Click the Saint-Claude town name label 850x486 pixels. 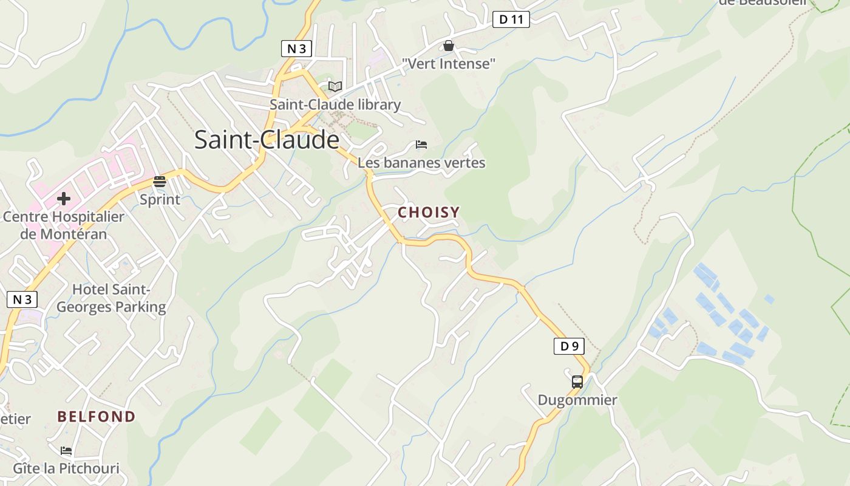point(267,140)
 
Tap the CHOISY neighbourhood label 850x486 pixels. point(429,212)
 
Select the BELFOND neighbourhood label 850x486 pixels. point(96,417)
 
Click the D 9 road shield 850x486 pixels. point(569,346)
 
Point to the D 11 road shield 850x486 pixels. point(511,19)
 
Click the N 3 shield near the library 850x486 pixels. point(296,49)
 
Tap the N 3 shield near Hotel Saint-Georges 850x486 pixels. point(22,299)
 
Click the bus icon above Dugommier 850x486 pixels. point(577,382)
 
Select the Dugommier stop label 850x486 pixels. point(577,400)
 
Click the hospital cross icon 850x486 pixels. point(64,198)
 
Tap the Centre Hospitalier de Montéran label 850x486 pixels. point(64,225)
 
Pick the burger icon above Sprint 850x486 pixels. point(160,181)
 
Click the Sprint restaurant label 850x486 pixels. point(160,199)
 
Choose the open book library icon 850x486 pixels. point(335,86)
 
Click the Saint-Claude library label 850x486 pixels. point(335,104)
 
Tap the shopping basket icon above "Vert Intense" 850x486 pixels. point(449,46)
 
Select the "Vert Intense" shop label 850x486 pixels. point(449,63)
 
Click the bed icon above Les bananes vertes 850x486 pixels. point(421,145)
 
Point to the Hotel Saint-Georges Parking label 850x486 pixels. point(111,298)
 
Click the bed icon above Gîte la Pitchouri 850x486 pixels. point(66,451)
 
